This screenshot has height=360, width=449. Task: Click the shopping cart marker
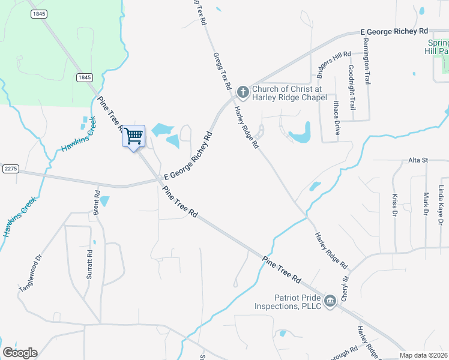point(133,136)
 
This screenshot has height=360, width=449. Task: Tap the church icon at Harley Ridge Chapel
point(243,92)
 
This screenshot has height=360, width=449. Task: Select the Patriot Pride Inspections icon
point(330,301)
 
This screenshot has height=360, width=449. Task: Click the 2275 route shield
point(10,169)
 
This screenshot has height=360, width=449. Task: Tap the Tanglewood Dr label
point(31,274)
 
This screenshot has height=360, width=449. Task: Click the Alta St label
point(417,160)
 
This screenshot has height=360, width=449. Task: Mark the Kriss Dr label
point(394,205)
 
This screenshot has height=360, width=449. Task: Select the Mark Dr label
point(426,204)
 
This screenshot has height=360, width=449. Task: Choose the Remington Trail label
point(365,61)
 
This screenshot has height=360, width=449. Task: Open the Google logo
point(20,353)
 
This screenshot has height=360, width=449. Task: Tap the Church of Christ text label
point(289,93)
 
